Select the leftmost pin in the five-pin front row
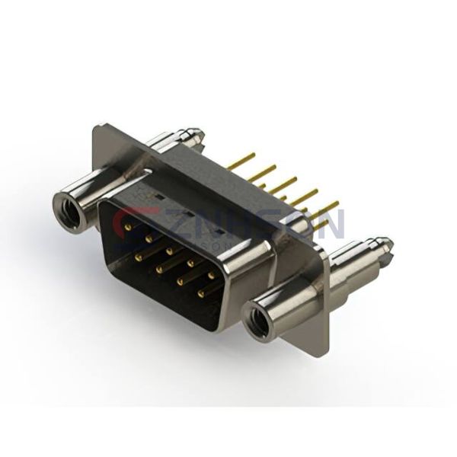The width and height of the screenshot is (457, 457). point(128,225)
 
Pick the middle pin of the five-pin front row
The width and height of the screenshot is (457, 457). point(169,248)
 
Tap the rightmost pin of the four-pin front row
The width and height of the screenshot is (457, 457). point(201,292)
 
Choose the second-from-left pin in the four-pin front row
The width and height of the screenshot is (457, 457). point(159,268)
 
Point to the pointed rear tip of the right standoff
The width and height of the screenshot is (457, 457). point(389,245)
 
